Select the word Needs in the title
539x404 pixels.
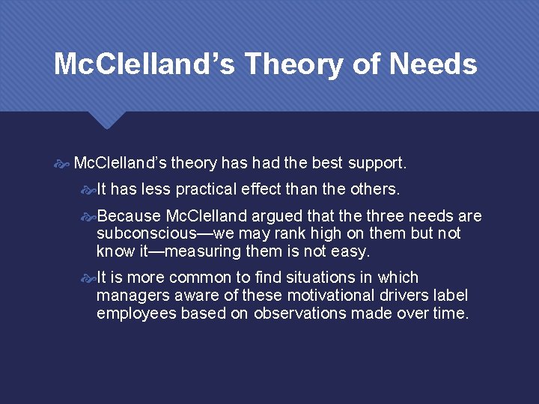click(x=433, y=64)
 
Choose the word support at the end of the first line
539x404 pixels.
click(x=378, y=162)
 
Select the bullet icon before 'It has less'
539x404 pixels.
click(x=88, y=189)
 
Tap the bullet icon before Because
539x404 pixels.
click(x=88, y=217)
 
